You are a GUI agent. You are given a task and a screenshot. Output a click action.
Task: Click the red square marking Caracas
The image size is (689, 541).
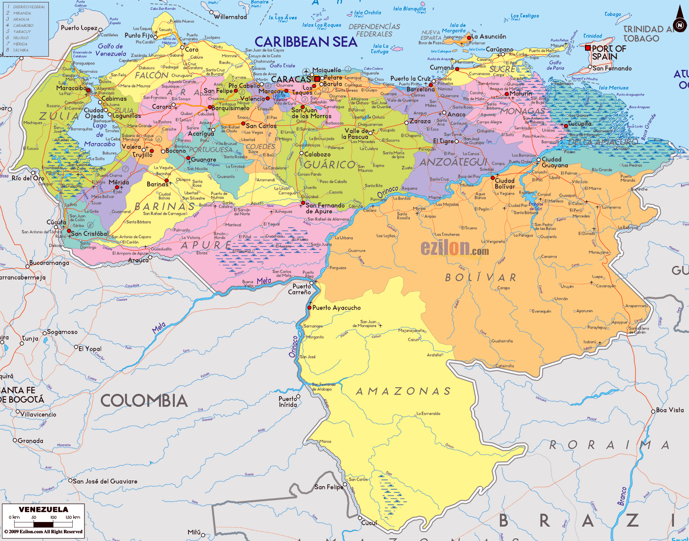coord(317,79)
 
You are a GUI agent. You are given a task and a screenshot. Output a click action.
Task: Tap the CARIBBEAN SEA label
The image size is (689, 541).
coord(306,42)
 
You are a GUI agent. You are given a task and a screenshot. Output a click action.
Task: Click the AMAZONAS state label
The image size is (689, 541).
coord(403,391)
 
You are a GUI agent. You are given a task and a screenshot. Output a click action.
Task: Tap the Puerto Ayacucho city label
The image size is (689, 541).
coord(336,308)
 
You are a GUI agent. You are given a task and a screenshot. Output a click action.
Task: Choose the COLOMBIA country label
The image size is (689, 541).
coord(144,401)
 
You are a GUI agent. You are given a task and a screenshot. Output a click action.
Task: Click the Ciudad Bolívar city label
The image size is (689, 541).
coord(505,184)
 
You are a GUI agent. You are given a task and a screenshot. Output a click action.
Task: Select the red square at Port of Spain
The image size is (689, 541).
coord(588,48)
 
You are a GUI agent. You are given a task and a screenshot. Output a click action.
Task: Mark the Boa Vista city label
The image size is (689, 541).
coord(669,410)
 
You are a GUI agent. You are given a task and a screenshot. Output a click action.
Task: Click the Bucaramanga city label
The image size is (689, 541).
coord(49,263)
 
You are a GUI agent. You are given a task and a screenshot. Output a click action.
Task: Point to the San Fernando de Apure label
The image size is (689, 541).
coord(325,208)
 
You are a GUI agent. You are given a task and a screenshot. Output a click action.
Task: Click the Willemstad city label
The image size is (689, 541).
coord(230,17)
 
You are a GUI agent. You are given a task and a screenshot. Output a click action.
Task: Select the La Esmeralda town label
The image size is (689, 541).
coord(428,414)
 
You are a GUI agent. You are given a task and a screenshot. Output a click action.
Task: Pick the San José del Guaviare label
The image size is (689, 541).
coord(105,481)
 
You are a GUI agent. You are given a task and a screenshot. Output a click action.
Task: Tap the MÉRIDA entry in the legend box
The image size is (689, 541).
coord(20,44)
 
